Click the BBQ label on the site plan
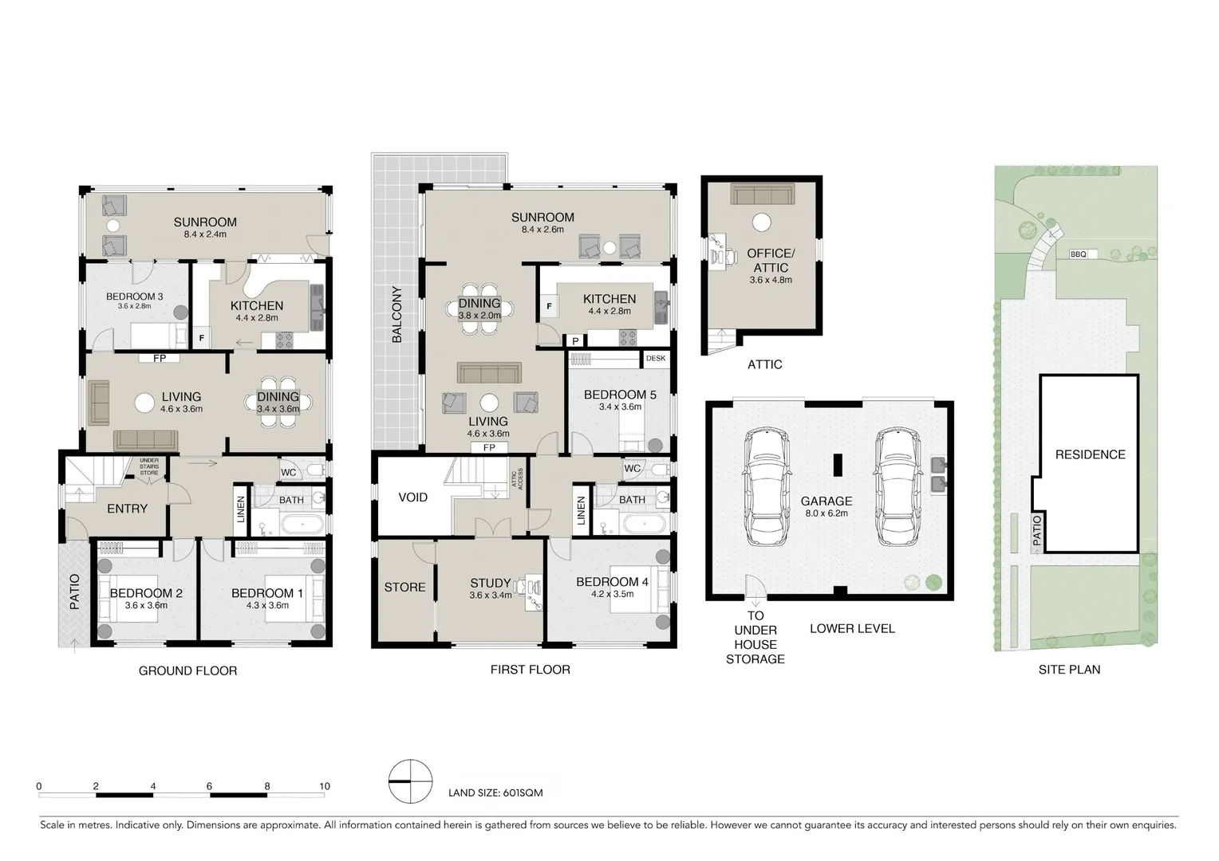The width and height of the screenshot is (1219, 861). (1079, 254)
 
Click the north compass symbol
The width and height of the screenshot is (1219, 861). (410, 781)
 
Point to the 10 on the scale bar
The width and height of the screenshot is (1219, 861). (324, 786)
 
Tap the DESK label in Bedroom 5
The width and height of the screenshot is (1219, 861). (656, 359)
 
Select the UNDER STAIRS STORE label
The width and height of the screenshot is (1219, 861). (149, 467)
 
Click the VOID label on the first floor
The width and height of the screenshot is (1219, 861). (412, 497)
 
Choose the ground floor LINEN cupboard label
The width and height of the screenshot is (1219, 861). (241, 510)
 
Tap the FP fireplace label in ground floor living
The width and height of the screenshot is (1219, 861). (160, 359)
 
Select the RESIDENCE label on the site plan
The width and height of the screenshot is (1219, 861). (1090, 454)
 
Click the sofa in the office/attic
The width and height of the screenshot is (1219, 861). (761, 195)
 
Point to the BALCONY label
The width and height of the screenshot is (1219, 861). (396, 315)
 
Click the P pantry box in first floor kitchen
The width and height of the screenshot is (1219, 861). (575, 341)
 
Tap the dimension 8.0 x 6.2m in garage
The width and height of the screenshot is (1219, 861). (826, 513)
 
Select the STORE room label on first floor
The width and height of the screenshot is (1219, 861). (404, 588)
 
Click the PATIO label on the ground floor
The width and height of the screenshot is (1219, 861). (74, 592)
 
